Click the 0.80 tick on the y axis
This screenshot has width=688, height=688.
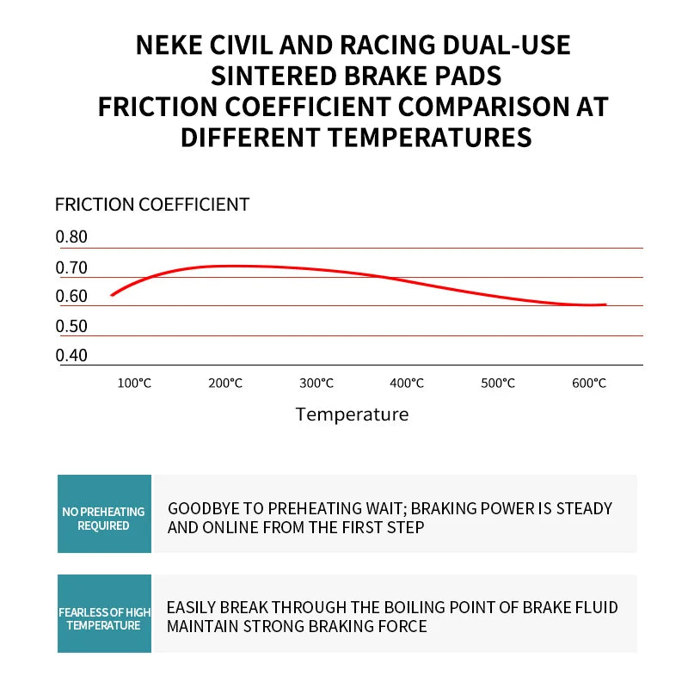[x=71, y=237]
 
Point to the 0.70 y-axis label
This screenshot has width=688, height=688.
[x=71, y=267]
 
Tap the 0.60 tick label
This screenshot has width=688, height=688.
[x=71, y=296]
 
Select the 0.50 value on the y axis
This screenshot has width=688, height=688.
[x=71, y=326]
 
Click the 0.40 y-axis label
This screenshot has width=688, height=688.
[x=71, y=355]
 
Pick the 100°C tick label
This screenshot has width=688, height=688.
[x=134, y=383]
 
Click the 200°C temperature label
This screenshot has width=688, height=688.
[x=225, y=383]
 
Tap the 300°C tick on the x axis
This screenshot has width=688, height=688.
[x=316, y=383]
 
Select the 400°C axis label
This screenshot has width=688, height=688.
[x=407, y=383]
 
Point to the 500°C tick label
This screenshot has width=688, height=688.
[x=498, y=383]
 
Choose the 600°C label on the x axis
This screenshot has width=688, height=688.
[x=589, y=383]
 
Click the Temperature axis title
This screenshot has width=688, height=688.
[x=353, y=415]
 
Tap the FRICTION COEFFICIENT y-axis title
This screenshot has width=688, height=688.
[x=152, y=205]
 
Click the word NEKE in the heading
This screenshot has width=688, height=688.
[x=169, y=45]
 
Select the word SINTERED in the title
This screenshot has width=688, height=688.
[x=273, y=76]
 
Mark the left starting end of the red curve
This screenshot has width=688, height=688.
[x=112, y=295]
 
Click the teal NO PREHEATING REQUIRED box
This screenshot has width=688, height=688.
[x=104, y=513]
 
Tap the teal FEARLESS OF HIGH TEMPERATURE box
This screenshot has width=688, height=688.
[x=104, y=613]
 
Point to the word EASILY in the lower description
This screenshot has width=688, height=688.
[x=191, y=607]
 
